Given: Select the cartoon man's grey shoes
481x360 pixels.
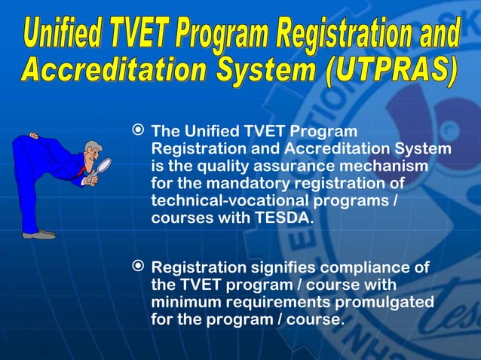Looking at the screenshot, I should click(38, 235).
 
